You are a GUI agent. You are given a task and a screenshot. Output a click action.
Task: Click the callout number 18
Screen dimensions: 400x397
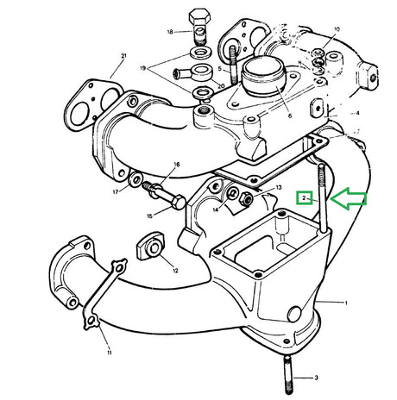(170, 31)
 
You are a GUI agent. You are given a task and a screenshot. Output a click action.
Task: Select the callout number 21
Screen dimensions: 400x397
(123, 57)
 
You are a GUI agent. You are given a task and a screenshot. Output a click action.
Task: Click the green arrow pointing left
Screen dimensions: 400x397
(349, 200)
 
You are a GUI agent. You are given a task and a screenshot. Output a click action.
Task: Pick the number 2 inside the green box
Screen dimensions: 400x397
(305, 198)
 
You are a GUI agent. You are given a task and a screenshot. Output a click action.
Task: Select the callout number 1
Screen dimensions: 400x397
(345, 303)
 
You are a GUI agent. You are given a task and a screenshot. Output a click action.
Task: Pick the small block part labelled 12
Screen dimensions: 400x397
(150, 249)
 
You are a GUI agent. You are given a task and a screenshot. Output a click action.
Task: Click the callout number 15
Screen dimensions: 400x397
(148, 216)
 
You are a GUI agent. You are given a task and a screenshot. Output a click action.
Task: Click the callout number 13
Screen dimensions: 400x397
(278, 187)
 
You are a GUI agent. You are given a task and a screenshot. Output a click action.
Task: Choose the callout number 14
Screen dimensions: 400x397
(216, 208)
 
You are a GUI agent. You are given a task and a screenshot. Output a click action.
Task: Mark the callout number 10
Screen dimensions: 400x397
(337, 29)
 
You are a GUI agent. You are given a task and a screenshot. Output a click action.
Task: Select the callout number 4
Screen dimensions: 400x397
(357, 113)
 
